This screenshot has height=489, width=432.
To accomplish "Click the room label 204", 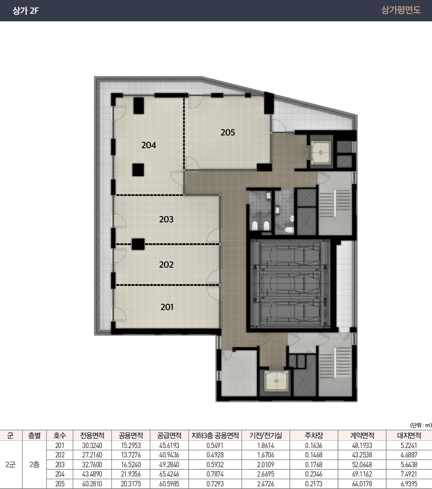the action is [x=149, y=145].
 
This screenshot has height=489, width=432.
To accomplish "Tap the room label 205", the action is [x=227, y=132].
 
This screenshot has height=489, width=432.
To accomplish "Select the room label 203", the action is [x=166, y=219].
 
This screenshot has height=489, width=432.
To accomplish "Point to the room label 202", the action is [x=166, y=264].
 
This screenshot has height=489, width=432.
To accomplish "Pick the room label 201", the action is [x=167, y=307].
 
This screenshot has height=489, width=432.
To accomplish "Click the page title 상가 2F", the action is [x=26, y=11].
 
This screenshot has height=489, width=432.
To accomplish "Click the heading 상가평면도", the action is [x=401, y=10].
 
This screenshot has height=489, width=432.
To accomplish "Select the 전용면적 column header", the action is [x=92, y=435].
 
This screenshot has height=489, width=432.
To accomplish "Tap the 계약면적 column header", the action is [x=362, y=435].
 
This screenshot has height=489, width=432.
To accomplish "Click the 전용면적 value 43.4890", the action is [x=92, y=474].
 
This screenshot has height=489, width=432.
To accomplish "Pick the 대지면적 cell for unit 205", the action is [x=409, y=484].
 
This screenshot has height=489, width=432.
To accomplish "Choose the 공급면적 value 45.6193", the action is [x=169, y=445].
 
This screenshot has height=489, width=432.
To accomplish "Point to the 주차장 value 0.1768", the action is [x=314, y=465].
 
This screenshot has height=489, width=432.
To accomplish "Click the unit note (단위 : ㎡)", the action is [x=421, y=425].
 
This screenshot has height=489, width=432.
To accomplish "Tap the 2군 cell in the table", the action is [x=11, y=465].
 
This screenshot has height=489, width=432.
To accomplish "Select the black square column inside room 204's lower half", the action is [x=138, y=170].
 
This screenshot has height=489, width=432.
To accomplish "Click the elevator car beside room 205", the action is [x=320, y=152].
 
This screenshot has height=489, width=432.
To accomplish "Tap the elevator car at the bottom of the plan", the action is [x=276, y=381].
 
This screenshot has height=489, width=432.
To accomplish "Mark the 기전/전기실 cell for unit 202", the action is [x=266, y=455].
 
